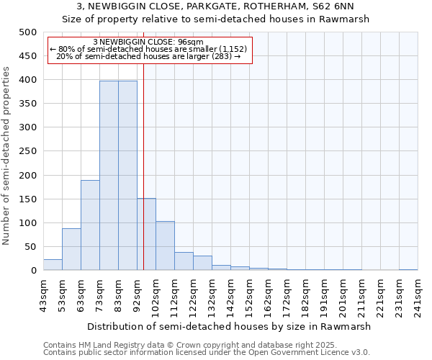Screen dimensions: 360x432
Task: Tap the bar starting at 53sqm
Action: tap(71, 249)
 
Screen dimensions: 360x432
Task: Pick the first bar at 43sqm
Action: tap(53, 265)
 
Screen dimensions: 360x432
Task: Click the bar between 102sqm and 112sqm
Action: tap(165, 246)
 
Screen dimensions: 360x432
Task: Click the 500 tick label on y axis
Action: tap(27, 32)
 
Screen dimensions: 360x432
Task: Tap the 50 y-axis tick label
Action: tap(30, 247)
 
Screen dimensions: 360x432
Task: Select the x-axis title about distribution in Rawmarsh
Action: tap(230, 326)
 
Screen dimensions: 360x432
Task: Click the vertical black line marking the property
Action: tap(143, 180)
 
